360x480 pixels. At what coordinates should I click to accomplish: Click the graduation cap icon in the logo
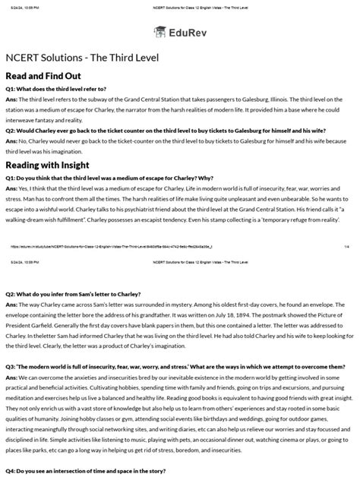[x=161, y=32]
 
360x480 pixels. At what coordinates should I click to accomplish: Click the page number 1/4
[x=346, y=245]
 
